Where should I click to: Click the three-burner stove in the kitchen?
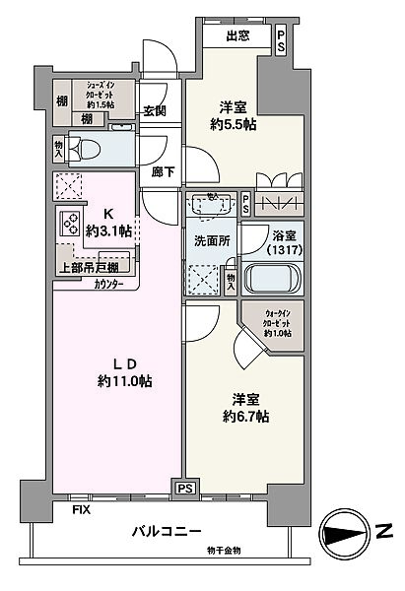72,224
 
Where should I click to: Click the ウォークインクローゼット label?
277,326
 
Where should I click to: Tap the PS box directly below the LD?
184,487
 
